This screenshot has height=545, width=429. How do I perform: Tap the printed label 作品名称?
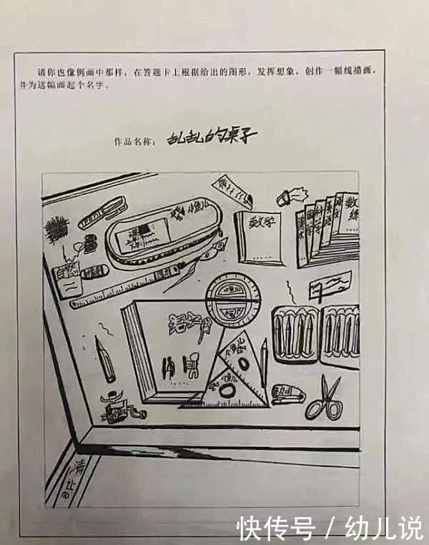pyautogui.click(x=134, y=141)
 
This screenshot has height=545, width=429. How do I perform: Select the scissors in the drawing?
pyautogui.click(x=324, y=398)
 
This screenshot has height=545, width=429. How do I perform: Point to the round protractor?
pyautogui.click(x=230, y=303)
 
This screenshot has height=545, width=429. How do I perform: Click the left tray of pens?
pyautogui.click(x=295, y=333)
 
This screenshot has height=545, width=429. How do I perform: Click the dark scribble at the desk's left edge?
pyautogui.click(x=55, y=230)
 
